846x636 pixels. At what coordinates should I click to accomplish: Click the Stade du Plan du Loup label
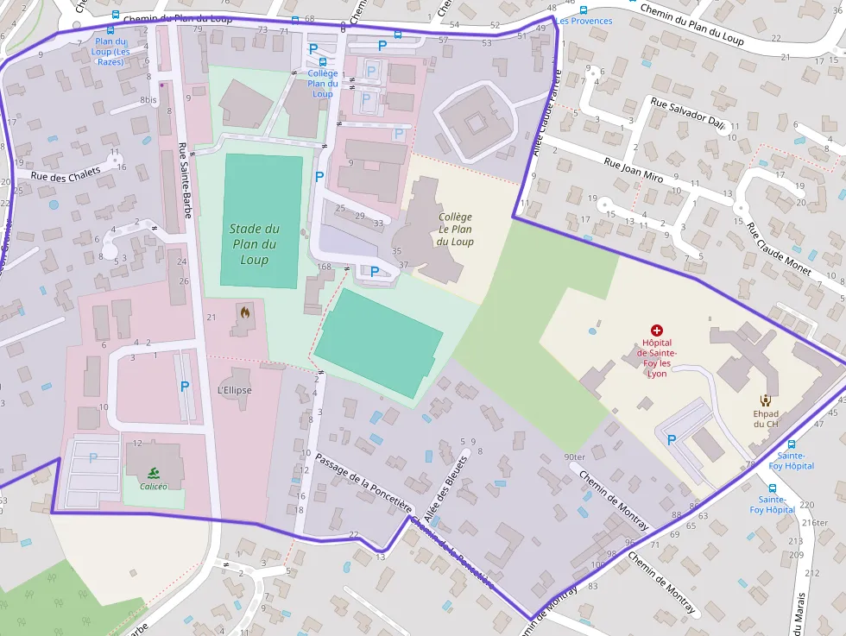(255, 244)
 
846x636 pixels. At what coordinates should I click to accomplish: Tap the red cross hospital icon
(657, 331)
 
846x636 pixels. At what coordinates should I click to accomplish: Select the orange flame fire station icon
(245, 313)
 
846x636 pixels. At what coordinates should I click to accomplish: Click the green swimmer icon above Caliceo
(154, 472)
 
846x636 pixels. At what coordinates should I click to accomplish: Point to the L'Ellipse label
(234, 390)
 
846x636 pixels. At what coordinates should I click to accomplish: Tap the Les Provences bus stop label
(584, 21)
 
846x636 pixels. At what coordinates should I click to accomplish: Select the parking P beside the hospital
(672, 440)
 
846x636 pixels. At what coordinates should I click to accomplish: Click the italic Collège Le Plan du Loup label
(456, 230)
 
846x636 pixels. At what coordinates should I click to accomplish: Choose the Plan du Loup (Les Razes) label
(110, 51)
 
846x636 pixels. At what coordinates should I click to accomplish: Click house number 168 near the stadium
(324, 267)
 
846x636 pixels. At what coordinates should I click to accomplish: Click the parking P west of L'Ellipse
(185, 387)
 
